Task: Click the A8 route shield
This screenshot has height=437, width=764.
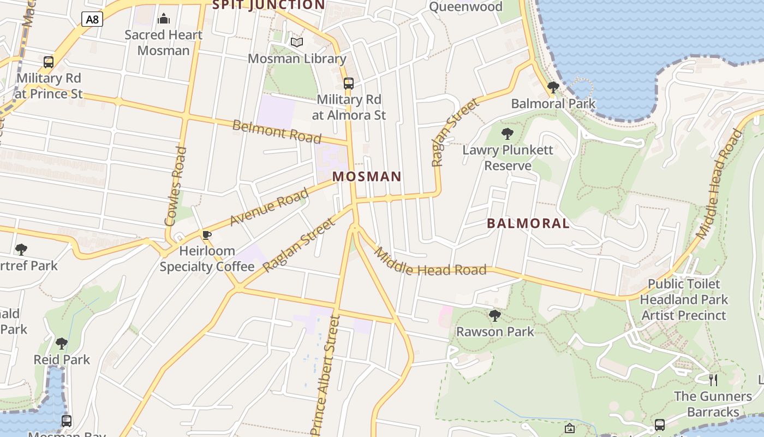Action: pyautogui.click(x=92, y=20)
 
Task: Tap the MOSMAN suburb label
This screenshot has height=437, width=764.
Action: pyautogui.click(x=367, y=177)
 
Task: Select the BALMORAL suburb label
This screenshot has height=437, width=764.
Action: pyautogui.click(x=528, y=223)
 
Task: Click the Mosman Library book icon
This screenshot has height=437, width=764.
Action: pyautogui.click(x=297, y=42)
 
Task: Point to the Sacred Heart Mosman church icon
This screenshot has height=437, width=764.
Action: pyautogui.click(x=163, y=19)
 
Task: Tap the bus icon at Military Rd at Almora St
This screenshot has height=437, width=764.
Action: pyautogui.click(x=348, y=84)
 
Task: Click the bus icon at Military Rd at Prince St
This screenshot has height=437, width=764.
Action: pyautogui.click(x=49, y=62)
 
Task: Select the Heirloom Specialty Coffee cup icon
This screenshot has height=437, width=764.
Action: pyautogui.click(x=206, y=235)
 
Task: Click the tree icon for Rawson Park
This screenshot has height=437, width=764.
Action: pyautogui.click(x=495, y=315)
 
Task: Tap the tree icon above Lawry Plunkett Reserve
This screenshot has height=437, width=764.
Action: pyautogui.click(x=508, y=134)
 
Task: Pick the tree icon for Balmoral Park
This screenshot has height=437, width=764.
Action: pyautogui.click(x=553, y=87)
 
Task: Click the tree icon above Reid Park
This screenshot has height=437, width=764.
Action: pyautogui.click(x=62, y=344)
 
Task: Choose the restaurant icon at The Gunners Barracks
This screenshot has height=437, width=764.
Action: pyautogui.click(x=713, y=380)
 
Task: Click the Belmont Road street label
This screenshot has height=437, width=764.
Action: pyautogui.click(x=277, y=131)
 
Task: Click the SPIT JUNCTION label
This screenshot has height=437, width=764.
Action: pyautogui.click(x=268, y=5)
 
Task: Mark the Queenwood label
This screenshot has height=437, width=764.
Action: pyautogui.click(x=465, y=7)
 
